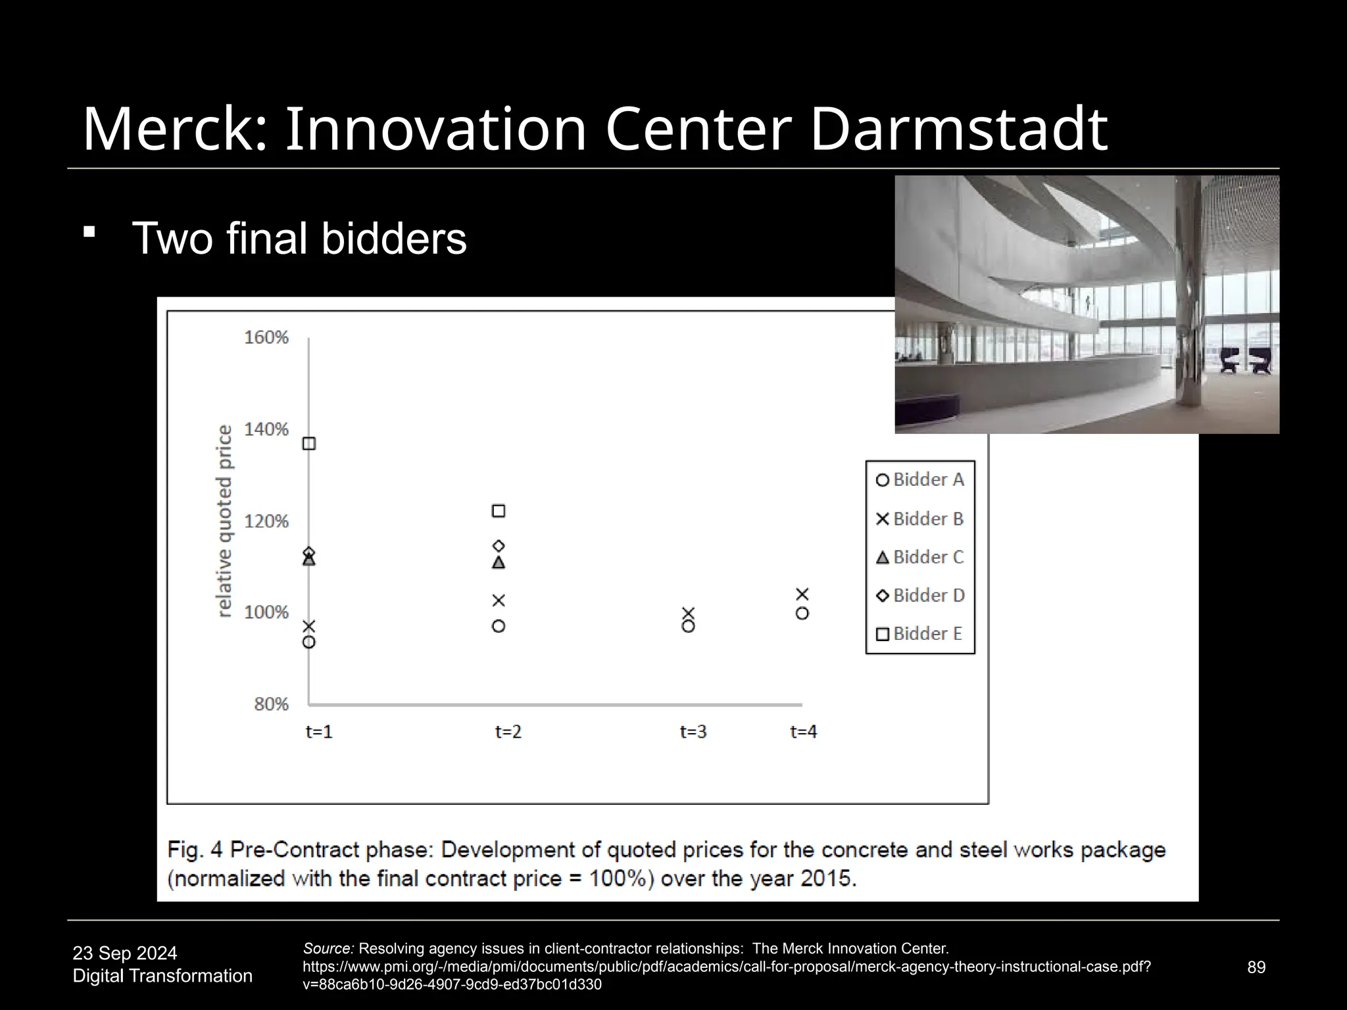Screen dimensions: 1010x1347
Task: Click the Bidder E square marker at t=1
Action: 308,444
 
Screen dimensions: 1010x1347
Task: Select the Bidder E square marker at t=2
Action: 499,511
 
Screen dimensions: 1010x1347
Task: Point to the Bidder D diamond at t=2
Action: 499,546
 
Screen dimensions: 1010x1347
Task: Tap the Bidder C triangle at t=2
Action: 499,563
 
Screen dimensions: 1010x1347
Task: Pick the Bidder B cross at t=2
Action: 499,600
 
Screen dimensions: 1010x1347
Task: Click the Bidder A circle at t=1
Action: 308,642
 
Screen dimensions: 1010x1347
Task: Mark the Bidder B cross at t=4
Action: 802,594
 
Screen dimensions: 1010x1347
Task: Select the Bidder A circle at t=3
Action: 688,627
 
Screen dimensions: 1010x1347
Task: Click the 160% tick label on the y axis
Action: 266,337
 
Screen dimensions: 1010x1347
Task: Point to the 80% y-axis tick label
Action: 271,704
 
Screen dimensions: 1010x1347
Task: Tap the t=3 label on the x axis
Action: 693,732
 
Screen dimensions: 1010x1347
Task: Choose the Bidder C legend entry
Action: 920,557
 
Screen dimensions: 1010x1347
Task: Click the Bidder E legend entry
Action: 919,634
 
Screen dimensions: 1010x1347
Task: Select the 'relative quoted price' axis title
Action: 225,521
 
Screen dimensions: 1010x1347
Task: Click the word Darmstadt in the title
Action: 958,130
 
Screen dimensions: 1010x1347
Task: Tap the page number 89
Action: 1256,967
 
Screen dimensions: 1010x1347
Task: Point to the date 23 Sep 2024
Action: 125,953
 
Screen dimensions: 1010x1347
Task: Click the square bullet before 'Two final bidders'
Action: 90,232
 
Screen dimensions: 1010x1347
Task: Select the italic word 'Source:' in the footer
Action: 328,949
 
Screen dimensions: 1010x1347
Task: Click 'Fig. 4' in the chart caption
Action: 196,850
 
